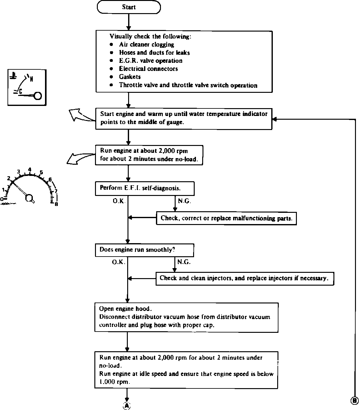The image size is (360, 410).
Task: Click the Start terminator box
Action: (x=129, y=7)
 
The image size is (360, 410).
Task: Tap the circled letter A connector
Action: (x=127, y=405)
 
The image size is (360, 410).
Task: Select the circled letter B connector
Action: (x=355, y=401)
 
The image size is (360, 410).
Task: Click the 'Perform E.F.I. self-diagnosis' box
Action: (x=145, y=188)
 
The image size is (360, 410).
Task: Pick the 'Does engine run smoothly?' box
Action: (x=144, y=250)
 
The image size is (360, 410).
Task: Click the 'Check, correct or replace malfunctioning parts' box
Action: (x=226, y=218)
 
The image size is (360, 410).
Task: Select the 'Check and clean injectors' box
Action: (x=245, y=278)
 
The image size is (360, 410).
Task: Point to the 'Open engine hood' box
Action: (x=186, y=317)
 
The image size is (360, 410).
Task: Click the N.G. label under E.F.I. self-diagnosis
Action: (x=184, y=201)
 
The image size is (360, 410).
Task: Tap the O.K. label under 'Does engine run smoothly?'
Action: (x=119, y=262)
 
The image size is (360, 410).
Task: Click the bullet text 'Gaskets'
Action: (x=130, y=77)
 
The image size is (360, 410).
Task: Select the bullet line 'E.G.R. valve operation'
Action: (x=151, y=61)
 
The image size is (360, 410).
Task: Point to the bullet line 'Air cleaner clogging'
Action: (x=147, y=44)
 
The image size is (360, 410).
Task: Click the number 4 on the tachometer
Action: (x=30, y=170)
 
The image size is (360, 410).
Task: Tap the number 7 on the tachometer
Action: (x=56, y=191)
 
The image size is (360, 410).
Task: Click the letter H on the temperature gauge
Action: (x=31, y=79)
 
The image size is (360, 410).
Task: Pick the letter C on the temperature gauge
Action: (x=20, y=91)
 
